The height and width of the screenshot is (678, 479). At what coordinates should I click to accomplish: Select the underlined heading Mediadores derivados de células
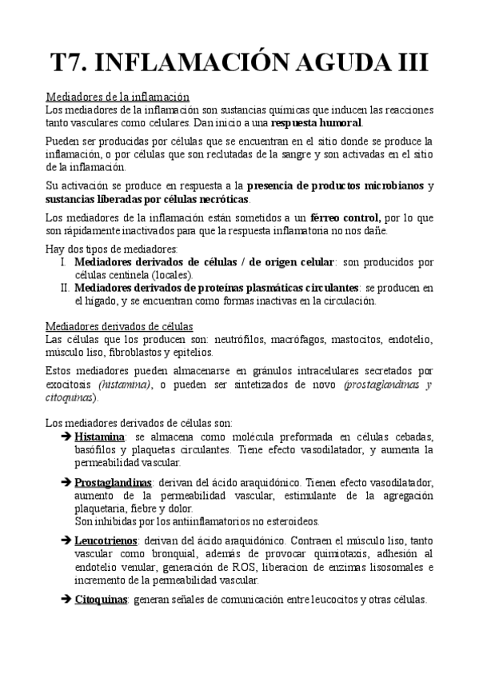[x=119, y=326]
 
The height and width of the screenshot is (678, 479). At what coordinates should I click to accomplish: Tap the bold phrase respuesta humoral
[x=317, y=123]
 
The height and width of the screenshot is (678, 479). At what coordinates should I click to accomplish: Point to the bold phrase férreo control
[x=345, y=217]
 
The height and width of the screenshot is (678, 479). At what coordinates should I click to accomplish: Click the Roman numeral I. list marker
[x=64, y=262]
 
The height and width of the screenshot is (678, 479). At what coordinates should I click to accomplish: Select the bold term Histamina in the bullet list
[x=100, y=437]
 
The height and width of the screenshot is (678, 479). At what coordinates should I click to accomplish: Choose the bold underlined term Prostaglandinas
[x=114, y=483]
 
